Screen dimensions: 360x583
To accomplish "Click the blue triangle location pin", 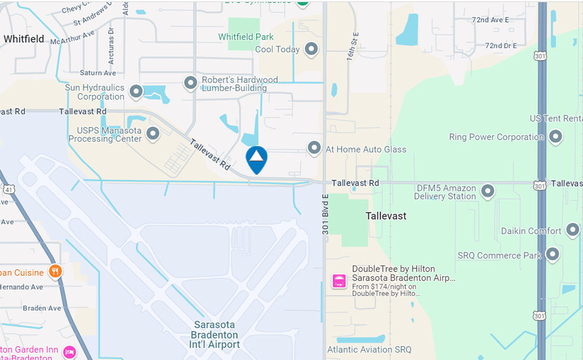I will (x=257, y=159).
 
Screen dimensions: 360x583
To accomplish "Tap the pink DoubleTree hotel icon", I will (x=339, y=281).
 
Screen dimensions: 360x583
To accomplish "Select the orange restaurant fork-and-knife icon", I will (x=55, y=271).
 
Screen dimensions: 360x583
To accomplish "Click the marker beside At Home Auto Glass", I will (x=314, y=148).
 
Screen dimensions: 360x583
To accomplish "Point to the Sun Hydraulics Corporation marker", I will (x=136, y=91).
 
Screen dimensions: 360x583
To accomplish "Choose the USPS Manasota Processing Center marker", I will (x=153, y=134).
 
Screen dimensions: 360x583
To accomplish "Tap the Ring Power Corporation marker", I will (x=556, y=137).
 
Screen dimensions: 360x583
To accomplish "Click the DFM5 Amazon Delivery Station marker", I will (x=488, y=191).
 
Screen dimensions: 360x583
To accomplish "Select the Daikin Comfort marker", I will (x=573, y=229).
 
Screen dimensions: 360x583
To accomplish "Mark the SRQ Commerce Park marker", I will (x=553, y=255).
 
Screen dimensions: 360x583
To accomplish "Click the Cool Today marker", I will (x=311, y=49).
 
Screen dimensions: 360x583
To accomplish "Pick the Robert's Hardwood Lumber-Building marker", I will (x=190, y=83).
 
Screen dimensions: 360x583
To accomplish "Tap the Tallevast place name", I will (x=386, y=216).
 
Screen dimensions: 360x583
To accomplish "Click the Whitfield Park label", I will (x=246, y=37).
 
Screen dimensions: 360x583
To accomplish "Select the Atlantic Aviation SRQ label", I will (x=369, y=349).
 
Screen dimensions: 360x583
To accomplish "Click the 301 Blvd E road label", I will (x=326, y=214).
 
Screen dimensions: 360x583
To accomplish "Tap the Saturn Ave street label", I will (x=98, y=73).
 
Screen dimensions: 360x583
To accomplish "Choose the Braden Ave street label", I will (x=47, y=308).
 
